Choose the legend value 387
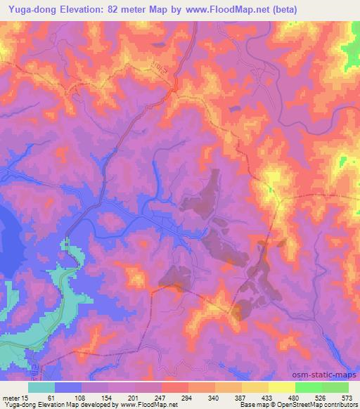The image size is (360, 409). [x=242, y=397]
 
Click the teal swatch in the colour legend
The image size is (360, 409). [x=41, y=387]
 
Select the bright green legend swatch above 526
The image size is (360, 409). [x=309, y=387]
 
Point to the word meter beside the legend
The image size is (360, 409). [x=10, y=397]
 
